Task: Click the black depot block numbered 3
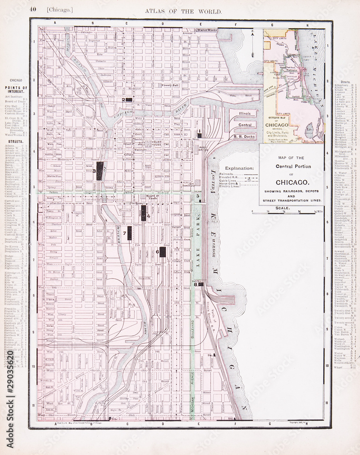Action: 100,171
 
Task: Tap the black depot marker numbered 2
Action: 129,99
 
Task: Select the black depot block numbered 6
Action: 162,252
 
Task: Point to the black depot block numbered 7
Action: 130,233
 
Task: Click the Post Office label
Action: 203,150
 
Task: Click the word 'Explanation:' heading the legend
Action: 239,168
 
